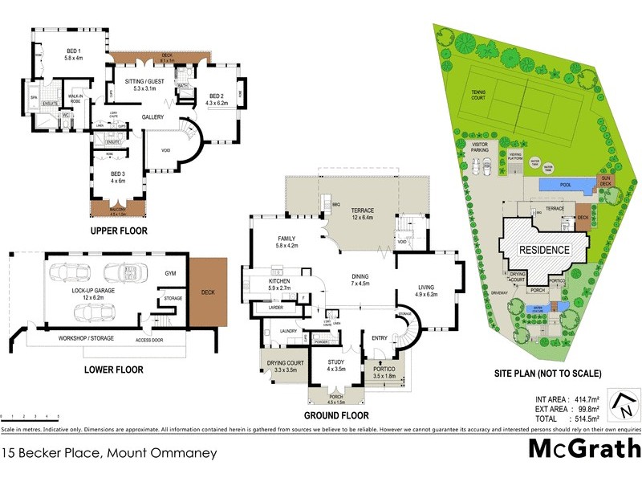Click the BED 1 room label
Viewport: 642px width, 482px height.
[x=74, y=54]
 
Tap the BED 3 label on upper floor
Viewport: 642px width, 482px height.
[x=117, y=177]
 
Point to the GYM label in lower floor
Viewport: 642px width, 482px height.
[x=169, y=273]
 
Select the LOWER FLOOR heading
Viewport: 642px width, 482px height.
[x=113, y=370]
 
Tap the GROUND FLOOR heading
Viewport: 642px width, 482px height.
[x=336, y=415]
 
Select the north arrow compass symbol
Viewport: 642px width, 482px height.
[x=623, y=403]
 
